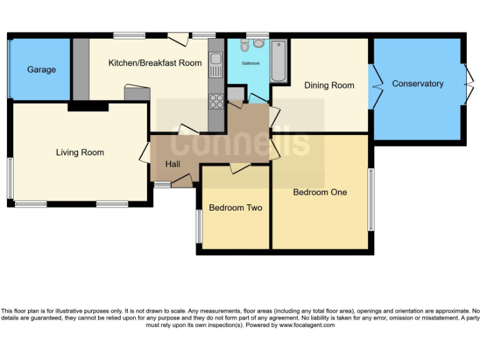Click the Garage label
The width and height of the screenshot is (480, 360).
pyautogui.click(x=41, y=69)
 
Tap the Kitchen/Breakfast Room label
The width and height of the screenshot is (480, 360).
pyautogui.click(x=155, y=62)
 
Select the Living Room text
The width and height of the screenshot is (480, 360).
pyautogui.click(x=80, y=152)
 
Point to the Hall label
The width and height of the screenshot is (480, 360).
pyautogui.click(x=173, y=164)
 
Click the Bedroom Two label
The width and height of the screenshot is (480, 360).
pyautogui.click(x=235, y=208)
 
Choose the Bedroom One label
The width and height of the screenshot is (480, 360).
pyautogui.click(x=320, y=192)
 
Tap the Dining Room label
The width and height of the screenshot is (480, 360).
pyautogui.click(x=329, y=86)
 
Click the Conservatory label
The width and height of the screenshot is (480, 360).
pyautogui.click(x=417, y=84)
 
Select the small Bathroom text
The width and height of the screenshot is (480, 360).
pyautogui.click(x=251, y=64)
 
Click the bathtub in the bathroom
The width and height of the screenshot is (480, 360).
pyautogui.click(x=279, y=61)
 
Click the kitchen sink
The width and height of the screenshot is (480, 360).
pyautogui.click(x=216, y=61)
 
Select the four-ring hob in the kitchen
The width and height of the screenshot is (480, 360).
pyautogui.click(x=216, y=101)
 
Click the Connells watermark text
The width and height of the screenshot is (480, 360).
pyautogui.click(x=241, y=141)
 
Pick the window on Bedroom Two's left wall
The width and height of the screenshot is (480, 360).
pyautogui.click(x=199, y=226)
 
